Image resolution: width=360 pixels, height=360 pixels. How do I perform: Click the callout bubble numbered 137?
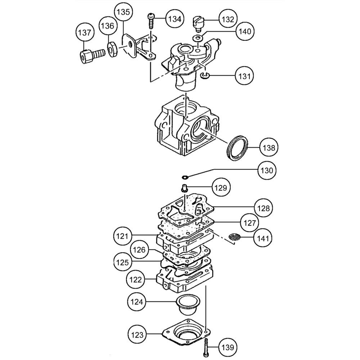[85, 32]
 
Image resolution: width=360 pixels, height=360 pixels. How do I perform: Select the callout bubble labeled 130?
[266, 170]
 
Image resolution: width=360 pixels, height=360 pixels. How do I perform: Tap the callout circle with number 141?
[263, 238]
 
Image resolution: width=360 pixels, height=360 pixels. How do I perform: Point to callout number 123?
[137, 335]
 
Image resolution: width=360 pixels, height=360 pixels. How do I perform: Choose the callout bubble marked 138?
[269, 147]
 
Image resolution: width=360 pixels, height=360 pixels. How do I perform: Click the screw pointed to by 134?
[151, 21]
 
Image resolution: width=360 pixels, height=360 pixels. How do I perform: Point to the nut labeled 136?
[112, 49]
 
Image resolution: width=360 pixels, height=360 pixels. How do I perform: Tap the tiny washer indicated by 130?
[185, 177]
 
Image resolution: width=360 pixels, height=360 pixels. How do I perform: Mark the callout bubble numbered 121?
[122, 236]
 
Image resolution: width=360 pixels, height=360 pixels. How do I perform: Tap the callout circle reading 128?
[264, 208]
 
